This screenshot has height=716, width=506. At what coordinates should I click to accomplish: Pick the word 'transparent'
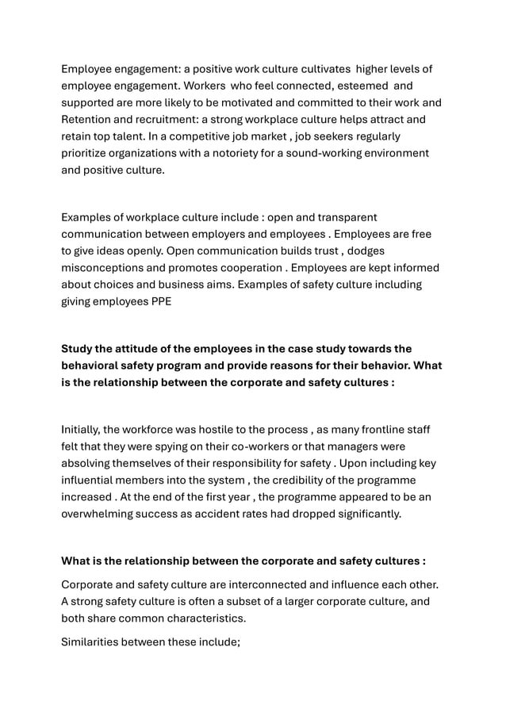344,216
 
